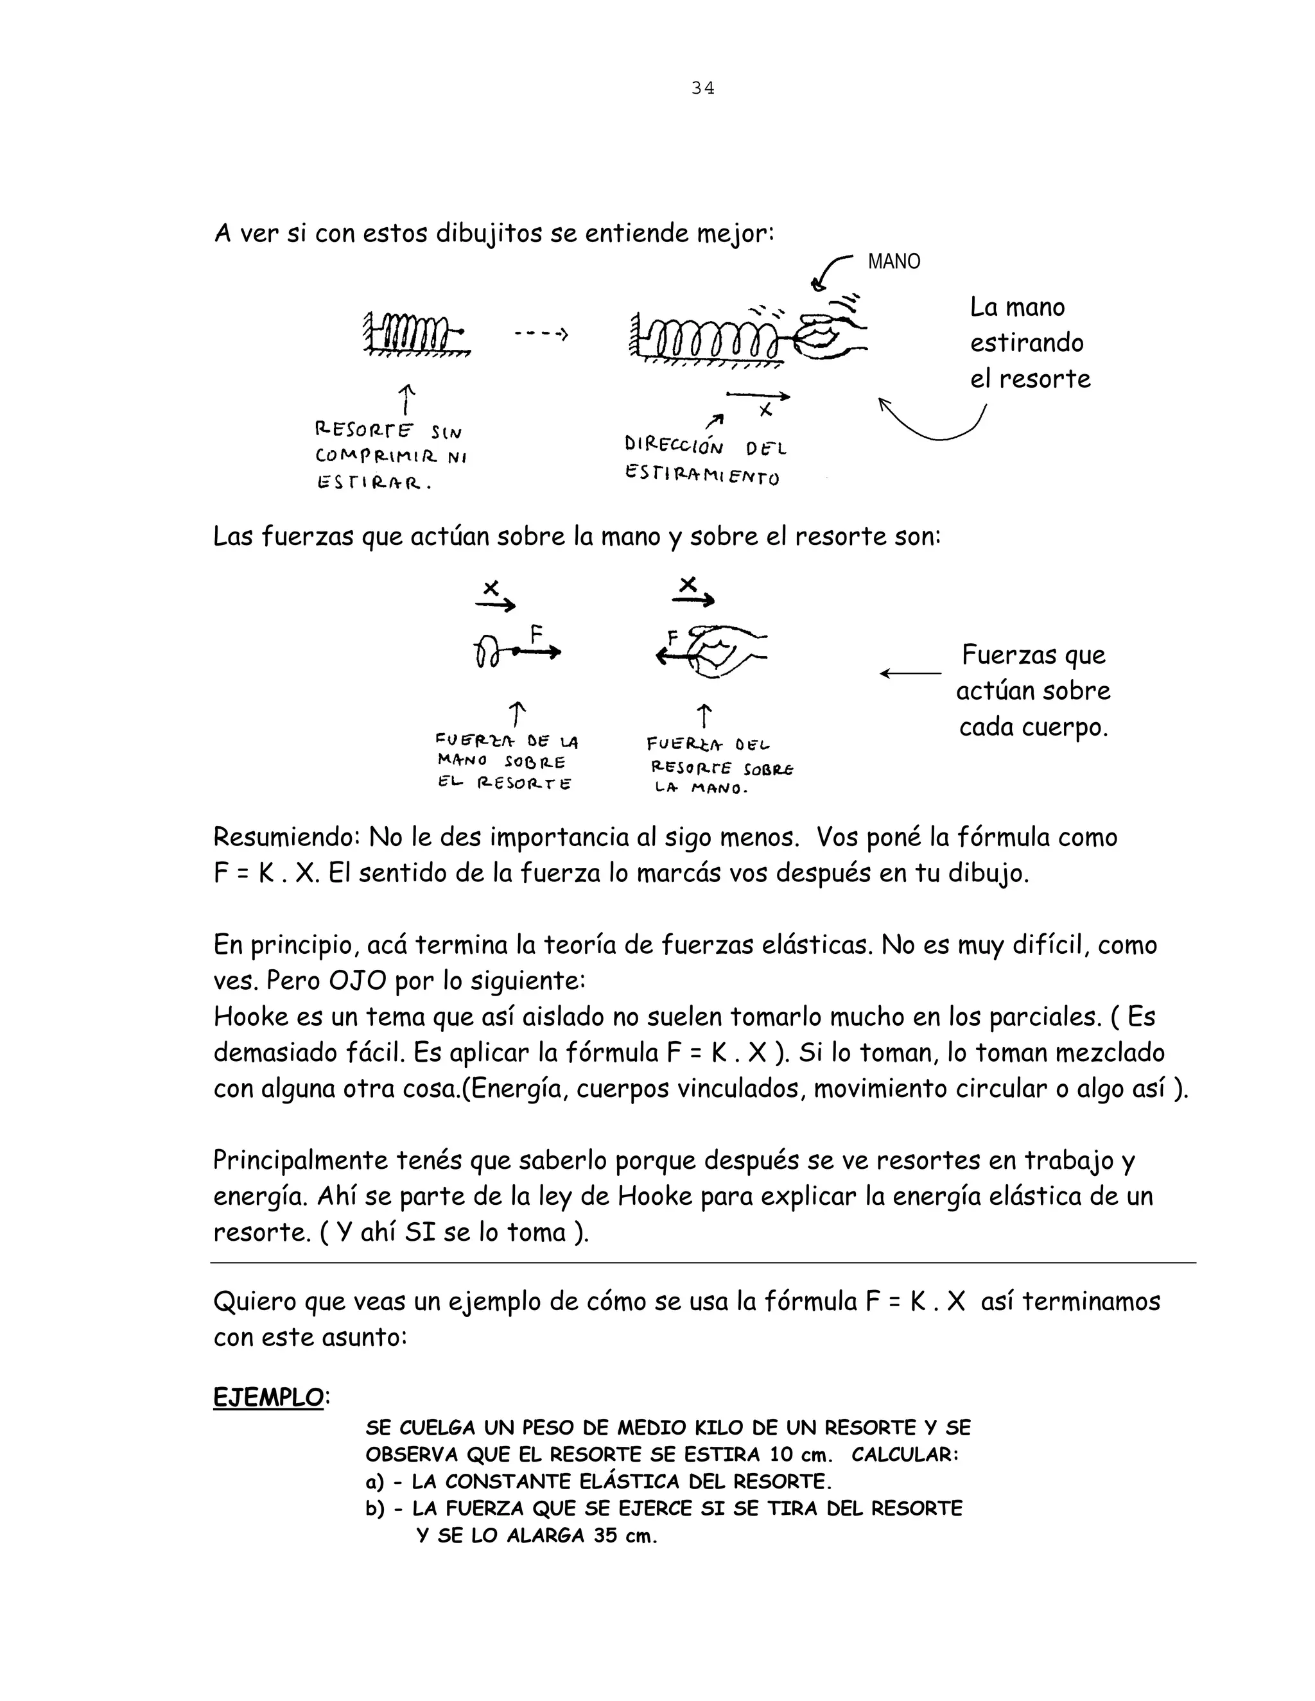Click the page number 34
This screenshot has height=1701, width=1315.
point(702,88)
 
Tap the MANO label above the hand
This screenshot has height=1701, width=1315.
point(894,262)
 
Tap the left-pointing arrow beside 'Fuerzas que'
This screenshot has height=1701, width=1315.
point(910,673)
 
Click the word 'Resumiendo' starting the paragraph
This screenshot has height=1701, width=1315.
point(284,837)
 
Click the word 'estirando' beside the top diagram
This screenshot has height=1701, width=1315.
point(1027,343)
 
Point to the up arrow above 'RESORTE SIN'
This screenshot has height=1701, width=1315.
point(406,399)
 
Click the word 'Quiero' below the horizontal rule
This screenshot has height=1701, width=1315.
point(254,1300)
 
